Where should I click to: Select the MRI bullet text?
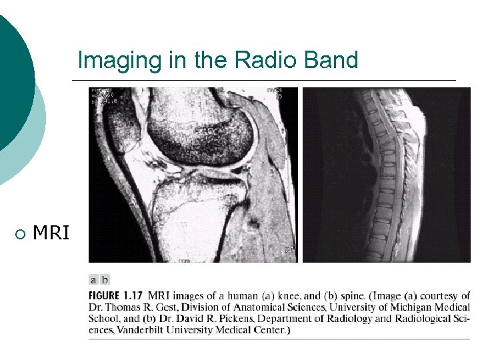click(x=51, y=233)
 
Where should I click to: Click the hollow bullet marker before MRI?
click(x=19, y=234)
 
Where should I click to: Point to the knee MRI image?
click(x=193, y=175)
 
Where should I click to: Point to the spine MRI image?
click(x=387, y=175)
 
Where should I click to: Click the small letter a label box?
click(x=94, y=280)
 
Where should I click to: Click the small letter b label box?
click(x=105, y=280)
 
